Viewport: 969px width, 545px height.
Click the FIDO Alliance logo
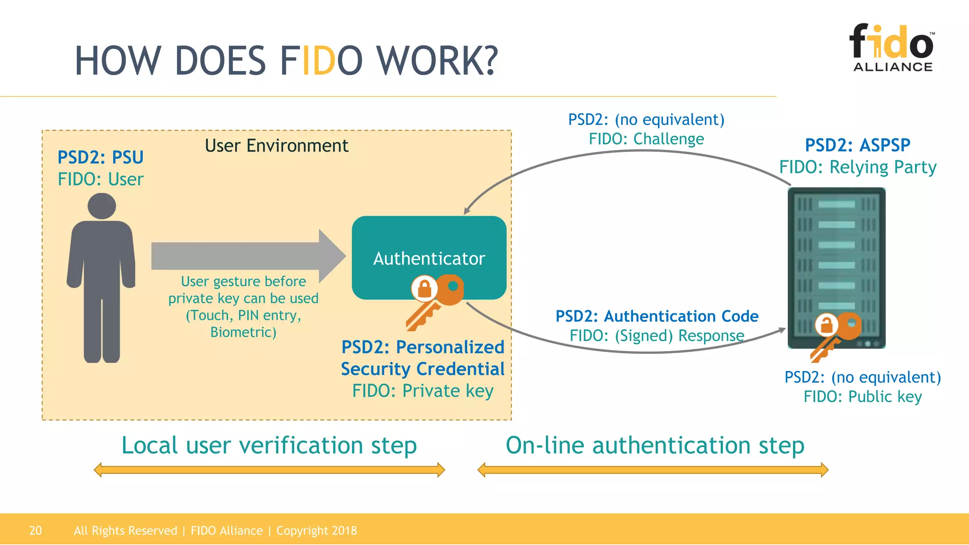[892, 47]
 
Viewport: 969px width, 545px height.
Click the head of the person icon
[102, 206]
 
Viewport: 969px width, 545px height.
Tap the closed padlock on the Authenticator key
[424, 288]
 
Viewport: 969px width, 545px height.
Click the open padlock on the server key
[827, 325]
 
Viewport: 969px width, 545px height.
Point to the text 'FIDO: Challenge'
[646, 139]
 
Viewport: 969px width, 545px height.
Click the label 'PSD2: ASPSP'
[857, 145]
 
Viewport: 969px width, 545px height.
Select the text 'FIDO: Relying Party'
[857, 167]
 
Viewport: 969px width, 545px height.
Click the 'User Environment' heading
[276, 146]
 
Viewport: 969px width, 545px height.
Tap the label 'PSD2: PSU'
[100, 157]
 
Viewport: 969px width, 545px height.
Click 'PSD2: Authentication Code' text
[657, 316]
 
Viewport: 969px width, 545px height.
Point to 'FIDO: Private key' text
[423, 391]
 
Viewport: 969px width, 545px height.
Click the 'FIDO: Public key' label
[863, 396]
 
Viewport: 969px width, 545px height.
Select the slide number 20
[35, 530]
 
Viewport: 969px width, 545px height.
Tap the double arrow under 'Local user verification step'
[269, 470]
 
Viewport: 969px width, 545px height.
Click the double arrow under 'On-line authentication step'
[653, 470]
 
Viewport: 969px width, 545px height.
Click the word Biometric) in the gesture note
[243, 332]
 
